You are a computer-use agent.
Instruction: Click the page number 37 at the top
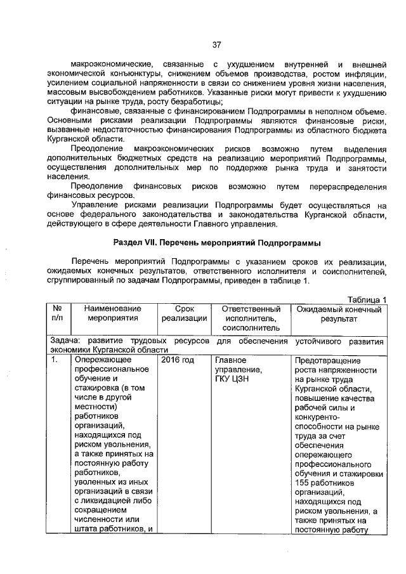(x=216, y=44)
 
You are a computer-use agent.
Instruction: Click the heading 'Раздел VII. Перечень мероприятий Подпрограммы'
(x=217, y=243)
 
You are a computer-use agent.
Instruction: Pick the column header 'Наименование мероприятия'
(x=113, y=313)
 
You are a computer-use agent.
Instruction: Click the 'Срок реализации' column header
(x=184, y=313)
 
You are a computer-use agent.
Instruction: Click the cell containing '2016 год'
(x=178, y=360)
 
